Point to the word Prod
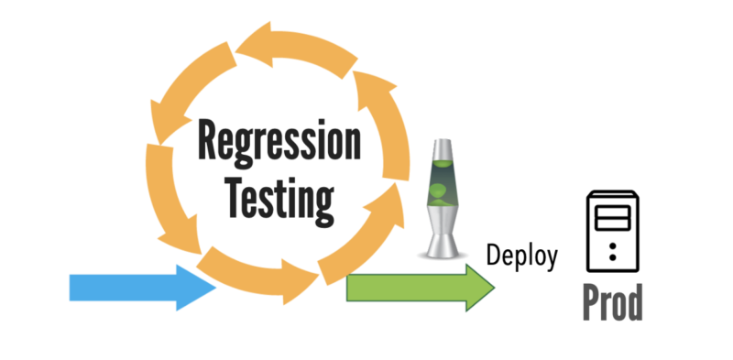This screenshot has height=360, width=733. click(613, 302)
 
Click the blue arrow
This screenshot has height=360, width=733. click(137, 287)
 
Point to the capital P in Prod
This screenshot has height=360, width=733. click(591, 302)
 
